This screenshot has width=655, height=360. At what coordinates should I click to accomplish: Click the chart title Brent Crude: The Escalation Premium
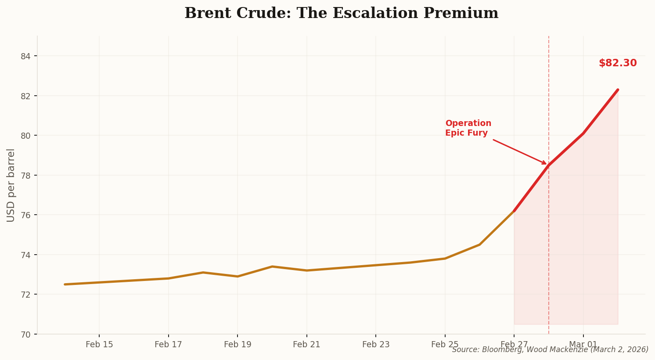(341, 13)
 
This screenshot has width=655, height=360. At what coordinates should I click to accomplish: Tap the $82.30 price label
(617, 63)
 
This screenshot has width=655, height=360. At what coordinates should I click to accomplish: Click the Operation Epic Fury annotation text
(468, 128)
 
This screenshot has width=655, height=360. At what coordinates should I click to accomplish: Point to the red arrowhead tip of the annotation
(547, 164)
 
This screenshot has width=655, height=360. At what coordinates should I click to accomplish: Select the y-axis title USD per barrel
(11, 185)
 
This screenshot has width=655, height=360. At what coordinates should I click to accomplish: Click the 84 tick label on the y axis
(25, 56)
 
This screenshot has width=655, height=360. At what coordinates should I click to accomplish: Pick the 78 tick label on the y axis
(25, 175)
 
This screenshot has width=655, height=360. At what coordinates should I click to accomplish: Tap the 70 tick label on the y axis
(25, 334)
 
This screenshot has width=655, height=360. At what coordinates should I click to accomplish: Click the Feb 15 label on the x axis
(99, 345)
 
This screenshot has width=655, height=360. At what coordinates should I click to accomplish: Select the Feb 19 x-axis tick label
(238, 345)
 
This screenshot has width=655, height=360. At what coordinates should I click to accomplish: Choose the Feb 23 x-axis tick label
(376, 345)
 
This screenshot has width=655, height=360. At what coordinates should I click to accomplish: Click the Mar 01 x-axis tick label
(583, 345)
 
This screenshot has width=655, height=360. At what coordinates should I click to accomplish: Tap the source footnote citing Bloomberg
(550, 350)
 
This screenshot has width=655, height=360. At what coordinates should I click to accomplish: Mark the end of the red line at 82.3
(618, 90)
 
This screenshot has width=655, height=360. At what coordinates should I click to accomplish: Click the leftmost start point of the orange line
(65, 284)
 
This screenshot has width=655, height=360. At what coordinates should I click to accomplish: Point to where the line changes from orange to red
(514, 211)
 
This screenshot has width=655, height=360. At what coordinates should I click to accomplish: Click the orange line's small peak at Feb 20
(272, 266)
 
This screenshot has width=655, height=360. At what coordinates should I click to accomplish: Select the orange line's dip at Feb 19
(238, 277)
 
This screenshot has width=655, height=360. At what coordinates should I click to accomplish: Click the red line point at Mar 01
(583, 133)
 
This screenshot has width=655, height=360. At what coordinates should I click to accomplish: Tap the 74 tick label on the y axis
(25, 255)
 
